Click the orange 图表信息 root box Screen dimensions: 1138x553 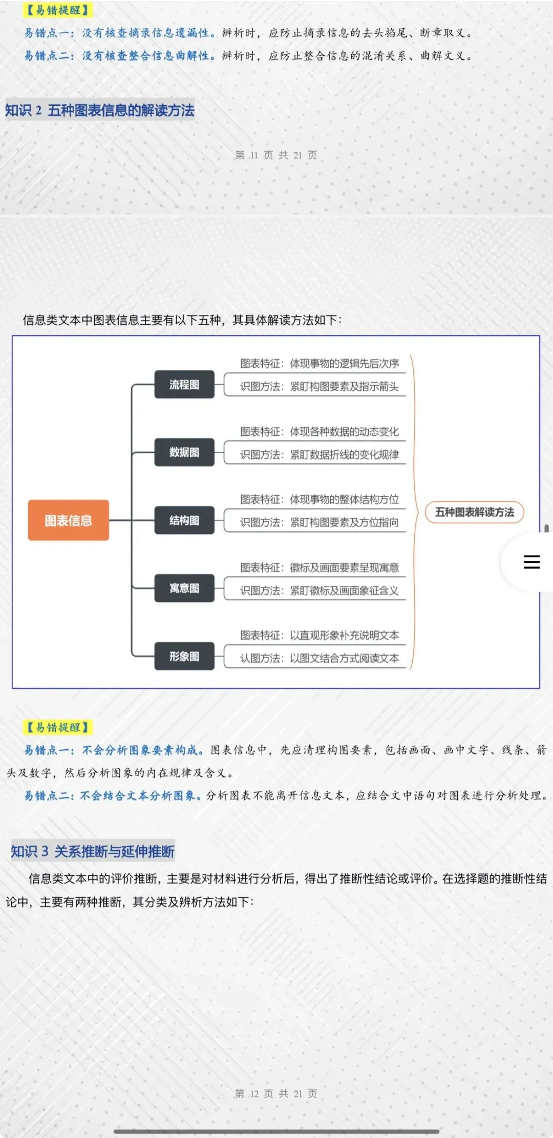click(x=68, y=520)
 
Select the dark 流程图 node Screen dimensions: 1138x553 click(x=184, y=385)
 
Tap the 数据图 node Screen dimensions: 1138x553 click(x=184, y=452)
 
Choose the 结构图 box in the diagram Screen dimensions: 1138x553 click(x=184, y=520)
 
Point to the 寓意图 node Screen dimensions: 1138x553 click(x=184, y=588)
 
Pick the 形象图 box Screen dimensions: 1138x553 click(x=184, y=656)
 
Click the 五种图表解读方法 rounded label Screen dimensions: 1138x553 click(x=475, y=512)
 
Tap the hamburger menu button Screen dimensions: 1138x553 click(x=531, y=562)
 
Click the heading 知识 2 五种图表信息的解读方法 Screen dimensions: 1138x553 click(x=100, y=110)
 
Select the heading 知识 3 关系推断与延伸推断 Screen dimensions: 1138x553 click(x=93, y=851)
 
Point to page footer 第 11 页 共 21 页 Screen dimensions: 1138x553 click(x=276, y=155)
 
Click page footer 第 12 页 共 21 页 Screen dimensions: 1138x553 click(x=276, y=1094)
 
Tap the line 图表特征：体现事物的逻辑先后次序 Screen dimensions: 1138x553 click(x=320, y=364)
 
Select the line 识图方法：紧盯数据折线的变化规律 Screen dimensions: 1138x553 click(x=320, y=455)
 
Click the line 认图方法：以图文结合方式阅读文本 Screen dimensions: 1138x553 click(x=320, y=659)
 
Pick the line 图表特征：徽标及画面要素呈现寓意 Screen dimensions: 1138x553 click(x=320, y=567)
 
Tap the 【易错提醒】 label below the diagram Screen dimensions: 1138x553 click(x=58, y=727)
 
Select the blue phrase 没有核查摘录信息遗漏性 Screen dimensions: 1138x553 click(x=146, y=33)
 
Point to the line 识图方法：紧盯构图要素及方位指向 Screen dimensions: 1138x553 click(x=320, y=522)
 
